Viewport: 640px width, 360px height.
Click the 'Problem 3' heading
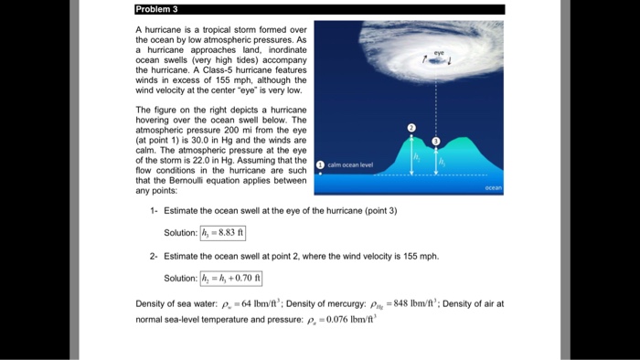click(158, 9)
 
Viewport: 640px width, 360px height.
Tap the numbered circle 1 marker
click(319, 164)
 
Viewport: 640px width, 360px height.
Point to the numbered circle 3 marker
click(436, 141)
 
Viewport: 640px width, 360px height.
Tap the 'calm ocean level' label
click(349, 164)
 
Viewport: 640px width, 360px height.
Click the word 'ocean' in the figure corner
click(494, 187)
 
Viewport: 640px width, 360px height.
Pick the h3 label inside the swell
click(443, 161)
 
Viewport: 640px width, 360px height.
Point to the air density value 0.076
click(353, 320)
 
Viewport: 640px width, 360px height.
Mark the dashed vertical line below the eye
click(436, 101)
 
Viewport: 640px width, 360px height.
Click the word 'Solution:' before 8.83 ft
click(180, 232)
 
